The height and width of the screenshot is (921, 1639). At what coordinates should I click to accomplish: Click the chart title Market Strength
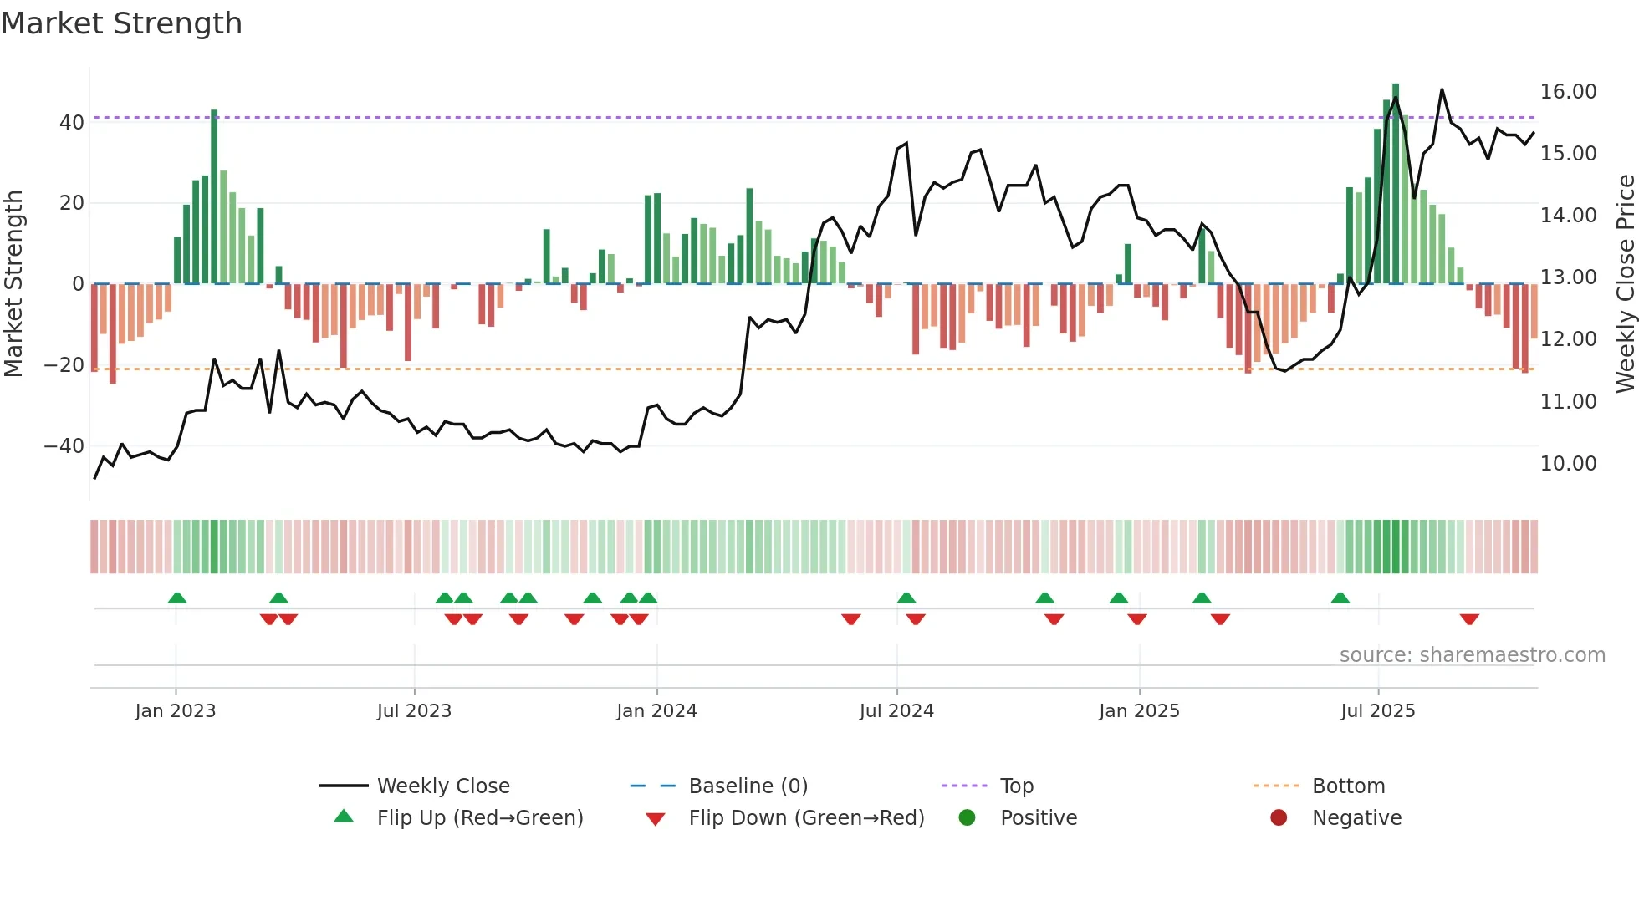pos(121,23)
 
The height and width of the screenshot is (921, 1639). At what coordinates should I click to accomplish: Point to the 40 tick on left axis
pos(71,123)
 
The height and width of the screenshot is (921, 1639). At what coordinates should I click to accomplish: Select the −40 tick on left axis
pos(64,446)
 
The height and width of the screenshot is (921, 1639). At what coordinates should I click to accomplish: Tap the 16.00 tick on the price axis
pos(1568,92)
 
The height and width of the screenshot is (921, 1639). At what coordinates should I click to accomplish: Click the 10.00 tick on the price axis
pos(1568,464)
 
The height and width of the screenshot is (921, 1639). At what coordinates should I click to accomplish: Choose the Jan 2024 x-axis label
pos(656,711)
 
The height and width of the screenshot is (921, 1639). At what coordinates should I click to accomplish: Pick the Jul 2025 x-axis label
pos(1377,711)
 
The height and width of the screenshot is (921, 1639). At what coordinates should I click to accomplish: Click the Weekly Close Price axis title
pos(1625,284)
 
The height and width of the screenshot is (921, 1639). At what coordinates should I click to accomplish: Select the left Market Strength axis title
pos(14,284)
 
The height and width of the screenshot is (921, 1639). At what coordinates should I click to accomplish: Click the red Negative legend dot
pos(1279,818)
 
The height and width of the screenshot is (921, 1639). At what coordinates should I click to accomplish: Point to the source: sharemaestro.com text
pos(1472,655)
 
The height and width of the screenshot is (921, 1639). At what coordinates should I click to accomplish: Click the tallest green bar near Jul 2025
pos(1396,184)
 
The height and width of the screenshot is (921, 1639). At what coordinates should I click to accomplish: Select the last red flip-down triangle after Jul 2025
pos(1469,619)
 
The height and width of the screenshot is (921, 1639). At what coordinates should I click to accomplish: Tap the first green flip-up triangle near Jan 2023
pos(177,598)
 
